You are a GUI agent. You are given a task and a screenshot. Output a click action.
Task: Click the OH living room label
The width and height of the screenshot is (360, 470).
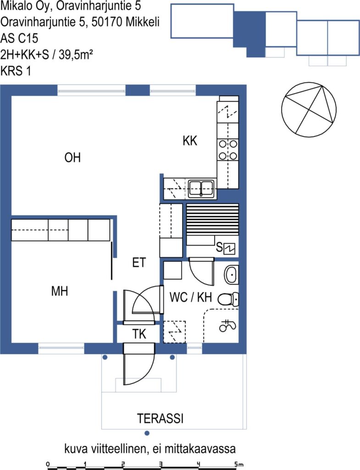tap(72, 158)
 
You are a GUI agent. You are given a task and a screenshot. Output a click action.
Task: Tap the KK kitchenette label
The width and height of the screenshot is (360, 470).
tap(190, 140)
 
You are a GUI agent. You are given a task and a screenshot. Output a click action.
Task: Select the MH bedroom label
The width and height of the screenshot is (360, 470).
tap(60, 291)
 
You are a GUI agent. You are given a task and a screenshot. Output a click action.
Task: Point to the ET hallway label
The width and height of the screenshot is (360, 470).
tap(139, 262)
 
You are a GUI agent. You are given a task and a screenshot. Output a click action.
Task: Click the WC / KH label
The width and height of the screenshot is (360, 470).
tap(191, 297)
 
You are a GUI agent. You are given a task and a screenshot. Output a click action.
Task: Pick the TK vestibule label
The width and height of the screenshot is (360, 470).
tap(139, 334)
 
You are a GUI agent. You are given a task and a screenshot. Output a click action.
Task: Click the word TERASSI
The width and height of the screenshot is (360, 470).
tap(160, 419)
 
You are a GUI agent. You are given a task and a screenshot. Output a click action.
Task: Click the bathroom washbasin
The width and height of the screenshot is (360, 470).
tap(231, 274)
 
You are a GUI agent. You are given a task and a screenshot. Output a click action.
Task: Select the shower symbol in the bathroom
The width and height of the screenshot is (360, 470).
tap(227, 325)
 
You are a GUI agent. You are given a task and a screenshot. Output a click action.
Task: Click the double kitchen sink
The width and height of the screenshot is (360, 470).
tap(201, 189)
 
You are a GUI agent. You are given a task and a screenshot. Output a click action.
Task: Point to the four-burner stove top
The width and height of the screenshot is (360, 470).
tap(228, 150)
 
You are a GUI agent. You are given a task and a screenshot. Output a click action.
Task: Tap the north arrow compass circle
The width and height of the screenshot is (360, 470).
tap(309, 110)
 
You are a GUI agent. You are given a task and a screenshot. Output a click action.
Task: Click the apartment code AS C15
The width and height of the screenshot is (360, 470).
tap(19, 39)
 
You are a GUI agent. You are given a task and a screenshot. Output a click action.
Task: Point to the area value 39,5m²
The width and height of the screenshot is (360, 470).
tap(76, 55)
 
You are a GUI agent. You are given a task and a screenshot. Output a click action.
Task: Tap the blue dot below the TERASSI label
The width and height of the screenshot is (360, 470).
tap(147, 433)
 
